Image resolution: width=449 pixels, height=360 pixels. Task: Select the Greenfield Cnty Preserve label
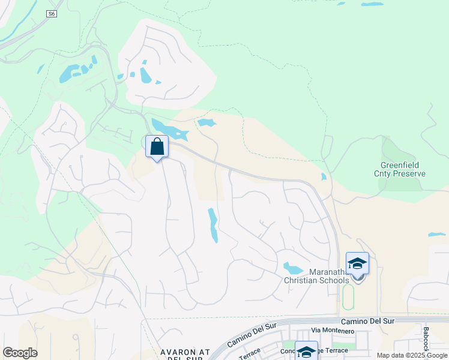pyautogui.click(x=403, y=169)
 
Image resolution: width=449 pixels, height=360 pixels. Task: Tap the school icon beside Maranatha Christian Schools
pyautogui.click(x=358, y=265)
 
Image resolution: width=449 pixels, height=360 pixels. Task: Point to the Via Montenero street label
pyautogui.click(x=333, y=331)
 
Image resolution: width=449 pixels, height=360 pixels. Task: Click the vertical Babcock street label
pyautogui.click(x=426, y=338)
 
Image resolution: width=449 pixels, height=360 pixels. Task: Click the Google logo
pyautogui.click(x=20, y=353)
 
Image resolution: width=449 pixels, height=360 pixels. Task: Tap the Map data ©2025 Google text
pyautogui.click(x=412, y=355)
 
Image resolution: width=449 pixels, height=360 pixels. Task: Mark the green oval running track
pyautogui.click(x=348, y=297)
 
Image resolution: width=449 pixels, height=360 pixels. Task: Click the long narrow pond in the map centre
pyautogui.click(x=212, y=224)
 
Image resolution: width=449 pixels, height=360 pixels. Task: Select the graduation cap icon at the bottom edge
pyautogui.click(x=306, y=352)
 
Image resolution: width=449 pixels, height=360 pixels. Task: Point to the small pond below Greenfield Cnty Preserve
pyautogui.click(x=436, y=234)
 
